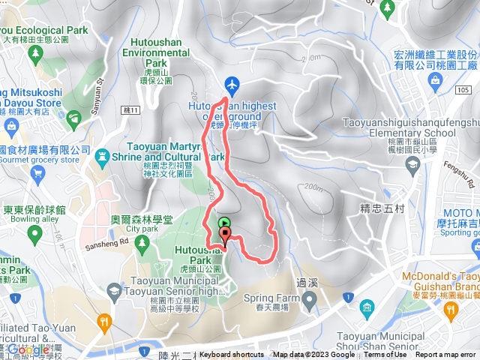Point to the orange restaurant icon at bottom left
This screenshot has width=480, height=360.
104,322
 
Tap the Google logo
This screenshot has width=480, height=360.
28,349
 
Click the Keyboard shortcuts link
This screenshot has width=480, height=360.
232,355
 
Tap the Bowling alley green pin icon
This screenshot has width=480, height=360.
33,235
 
